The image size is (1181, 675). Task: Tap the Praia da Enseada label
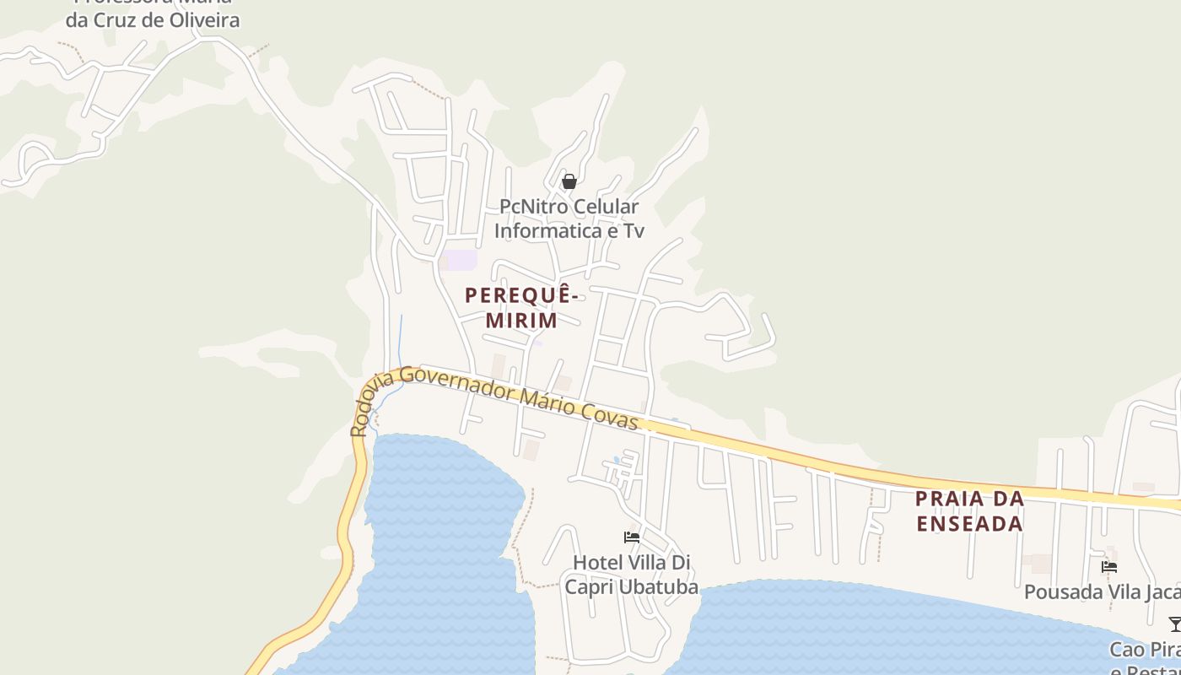(x=969, y=510)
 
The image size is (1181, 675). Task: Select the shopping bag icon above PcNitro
(x=569, y=181)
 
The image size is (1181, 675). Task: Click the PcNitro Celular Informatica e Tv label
(x=569, y=219)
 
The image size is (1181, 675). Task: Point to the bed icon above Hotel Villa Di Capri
(x=632, y=537)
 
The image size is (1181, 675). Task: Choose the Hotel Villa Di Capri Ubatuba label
(x=632, y=575)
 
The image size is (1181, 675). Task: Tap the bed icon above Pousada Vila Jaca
(x=1109, y=567)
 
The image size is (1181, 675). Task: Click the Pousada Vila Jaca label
(x=1102, y=591)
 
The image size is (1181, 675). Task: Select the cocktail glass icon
(x=1174, y=624)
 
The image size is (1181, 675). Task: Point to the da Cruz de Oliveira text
(x=153, y=19)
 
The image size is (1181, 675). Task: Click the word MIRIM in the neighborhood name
(x=521, y=321)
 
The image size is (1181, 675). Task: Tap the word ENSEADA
(x=969, y=523)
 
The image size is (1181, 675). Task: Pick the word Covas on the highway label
(x=608, y=413)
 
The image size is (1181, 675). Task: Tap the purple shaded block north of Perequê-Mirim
(x=461, y=260)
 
